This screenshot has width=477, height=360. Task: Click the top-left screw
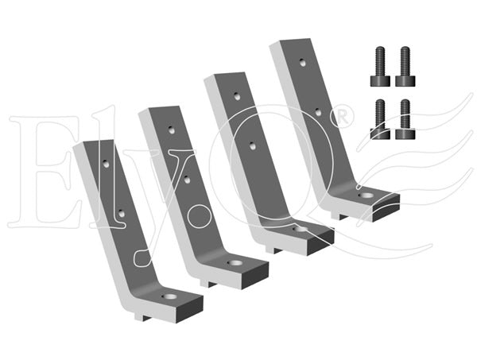380,67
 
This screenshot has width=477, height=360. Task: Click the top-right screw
405,67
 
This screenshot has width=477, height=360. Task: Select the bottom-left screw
380,119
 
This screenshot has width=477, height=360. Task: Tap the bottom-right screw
405,119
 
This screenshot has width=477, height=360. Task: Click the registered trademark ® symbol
342,117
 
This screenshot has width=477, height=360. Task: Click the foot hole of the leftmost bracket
169,296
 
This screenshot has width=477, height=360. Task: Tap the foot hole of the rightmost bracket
366,195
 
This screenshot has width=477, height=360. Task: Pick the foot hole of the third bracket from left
301,229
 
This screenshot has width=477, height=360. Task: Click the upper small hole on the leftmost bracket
106,164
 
